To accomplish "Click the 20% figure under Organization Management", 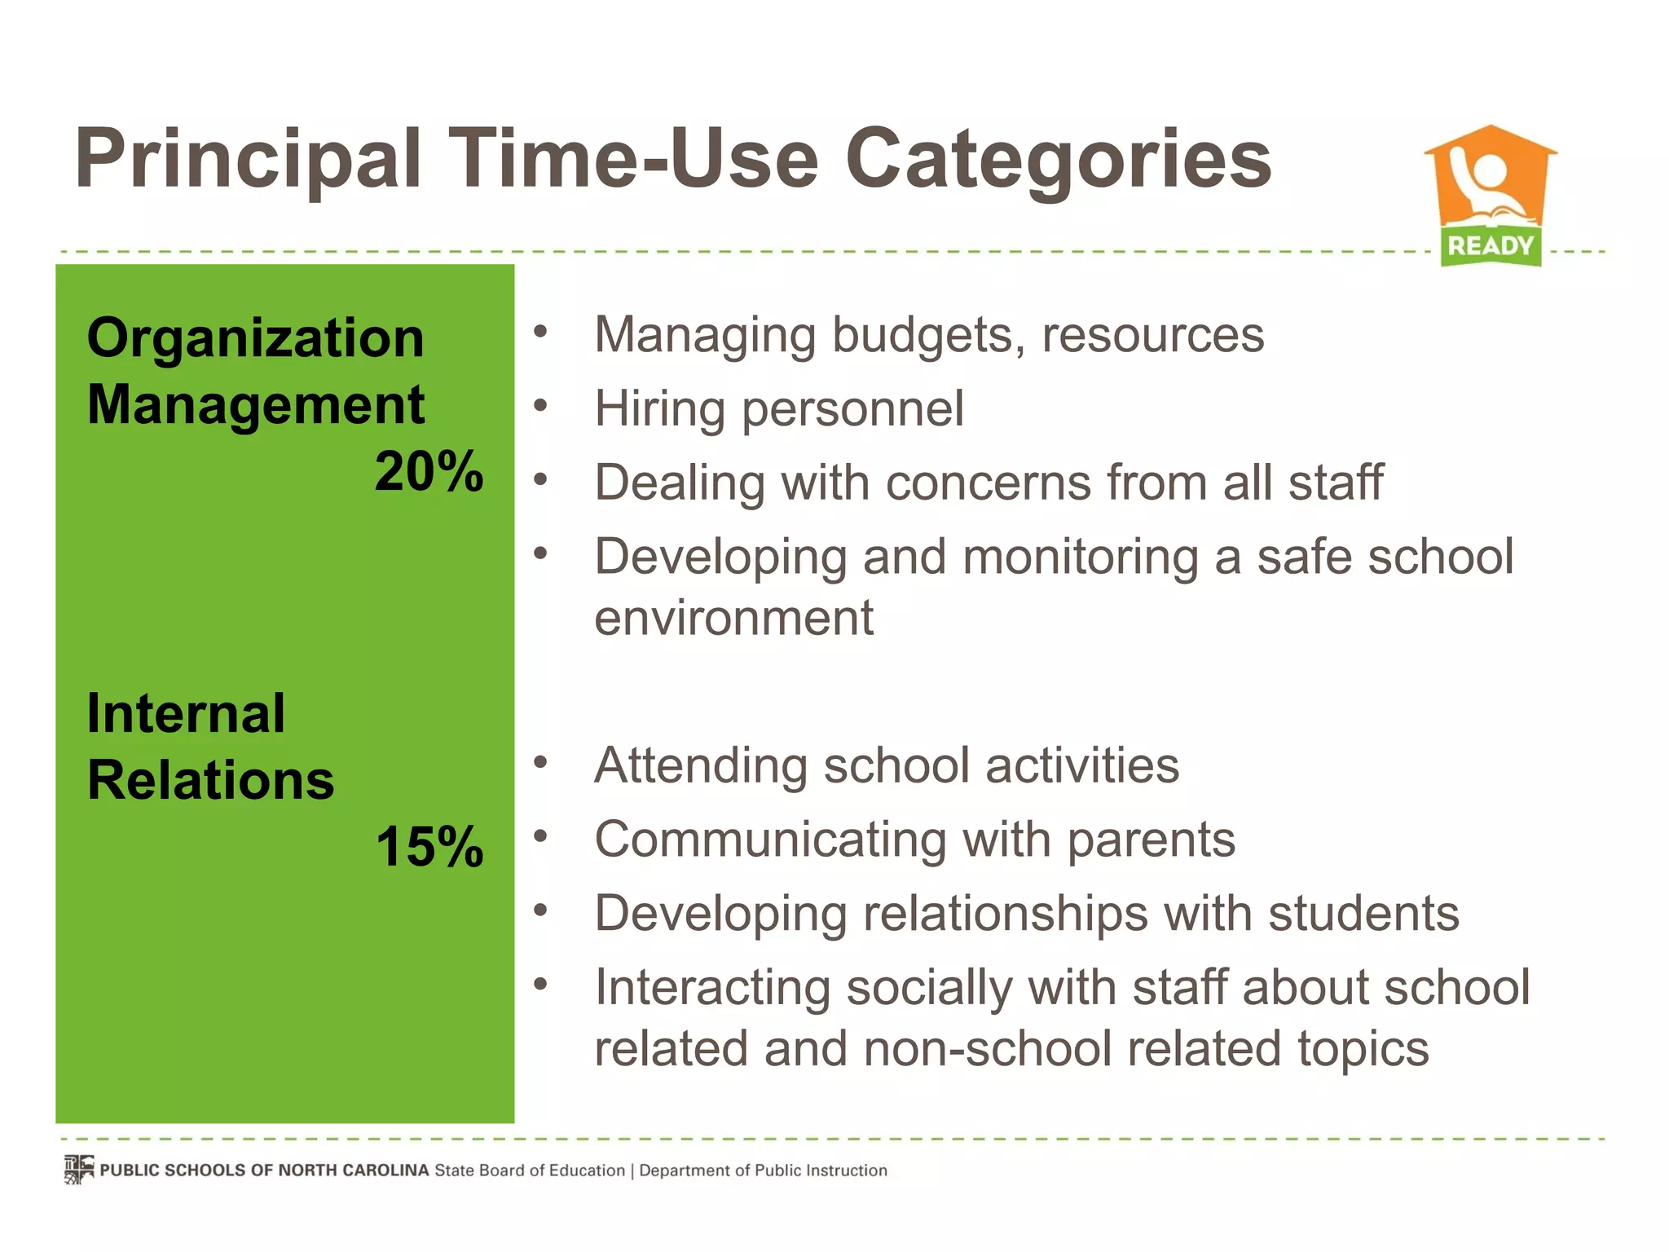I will pos(429,472).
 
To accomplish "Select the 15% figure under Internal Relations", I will pos(429,846).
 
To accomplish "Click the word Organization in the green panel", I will pos(255,337).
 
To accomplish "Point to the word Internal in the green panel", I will pos(186,713).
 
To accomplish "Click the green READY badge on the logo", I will pos(1491,245).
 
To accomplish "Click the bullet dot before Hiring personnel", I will pos(540,404).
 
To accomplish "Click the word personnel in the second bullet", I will pos(852,408).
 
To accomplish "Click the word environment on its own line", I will pos(733,618).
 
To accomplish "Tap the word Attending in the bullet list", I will pos(701,765).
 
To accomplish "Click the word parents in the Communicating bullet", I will pos(1151,840).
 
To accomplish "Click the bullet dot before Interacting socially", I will pos(540,984).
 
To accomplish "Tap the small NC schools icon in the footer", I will pos(79,1170).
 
